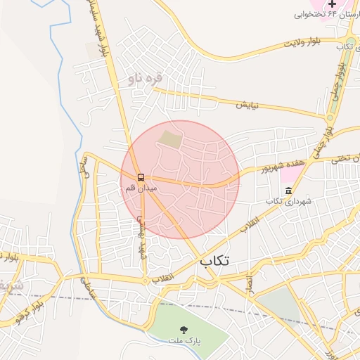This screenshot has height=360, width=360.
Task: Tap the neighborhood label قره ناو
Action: tap(145, 79)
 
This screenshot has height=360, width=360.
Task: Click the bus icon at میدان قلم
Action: tap(141, 177)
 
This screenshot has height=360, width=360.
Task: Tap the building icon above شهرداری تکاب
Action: tap(288, 191)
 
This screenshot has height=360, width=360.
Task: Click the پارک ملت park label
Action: tap(184, 341)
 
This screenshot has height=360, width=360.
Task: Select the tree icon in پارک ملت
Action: tap(184, 329)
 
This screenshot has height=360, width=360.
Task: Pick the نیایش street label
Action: tap(247, 105)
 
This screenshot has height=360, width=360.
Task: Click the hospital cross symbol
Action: tap(333, 4)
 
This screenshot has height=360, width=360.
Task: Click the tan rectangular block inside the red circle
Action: tap(169, 139)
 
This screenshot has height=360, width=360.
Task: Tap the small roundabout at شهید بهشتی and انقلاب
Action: tap(146, 281)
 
